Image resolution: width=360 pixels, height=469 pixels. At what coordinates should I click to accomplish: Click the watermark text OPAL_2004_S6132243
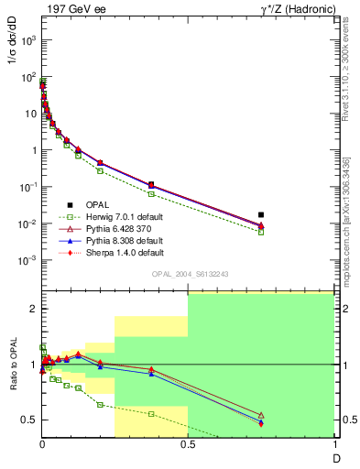[188, 274]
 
